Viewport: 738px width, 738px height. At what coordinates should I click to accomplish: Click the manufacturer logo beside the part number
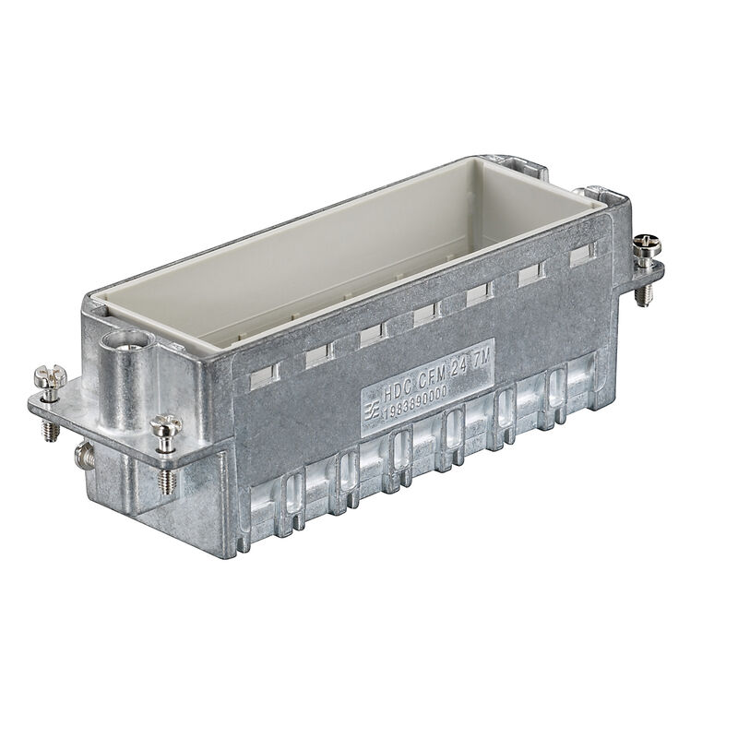[369, 409]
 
